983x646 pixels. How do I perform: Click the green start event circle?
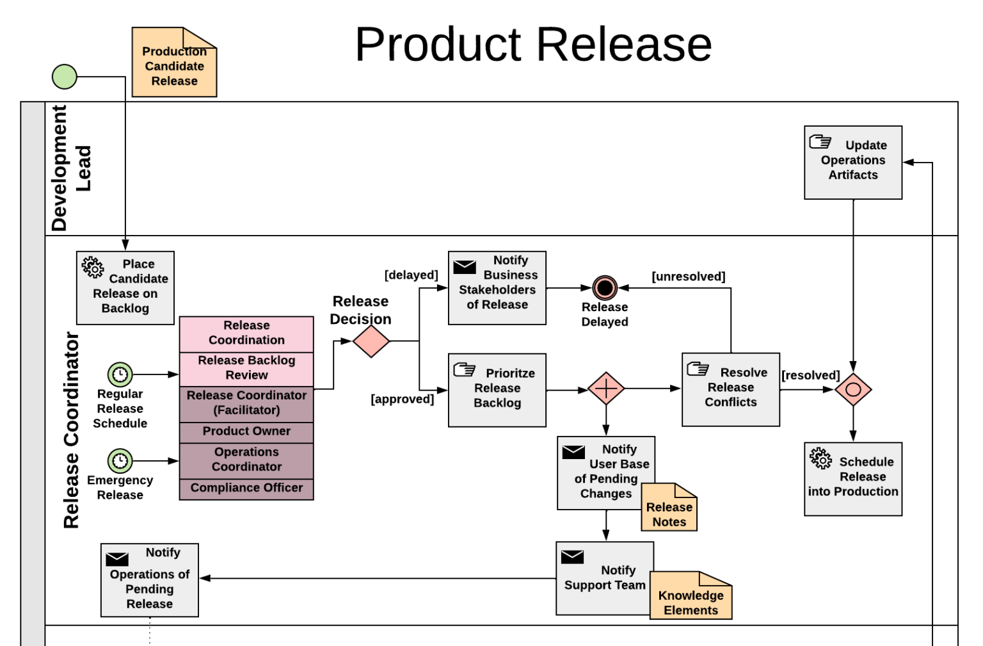coord(64,77)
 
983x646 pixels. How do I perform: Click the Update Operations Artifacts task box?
coord(852,163)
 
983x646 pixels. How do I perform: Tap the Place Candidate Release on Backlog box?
coord(125,287)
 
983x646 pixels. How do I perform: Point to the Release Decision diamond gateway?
coord(371,341)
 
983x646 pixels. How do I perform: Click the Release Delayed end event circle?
coord(604,288)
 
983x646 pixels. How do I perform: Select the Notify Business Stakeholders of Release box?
coord(497,287)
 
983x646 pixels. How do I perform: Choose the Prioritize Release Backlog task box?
coord(497,390)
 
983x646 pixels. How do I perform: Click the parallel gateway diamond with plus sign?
coord(605,389)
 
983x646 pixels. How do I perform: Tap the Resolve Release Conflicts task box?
coord(730,389)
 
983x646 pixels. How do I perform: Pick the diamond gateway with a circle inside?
coord(852,389)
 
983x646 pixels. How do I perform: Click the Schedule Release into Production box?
coord(852,479)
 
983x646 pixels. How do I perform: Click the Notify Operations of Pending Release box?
coord(150,580)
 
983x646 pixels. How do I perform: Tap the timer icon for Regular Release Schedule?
coord(120,375)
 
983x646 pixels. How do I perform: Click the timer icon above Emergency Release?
coord(120,461)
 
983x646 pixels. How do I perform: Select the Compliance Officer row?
coord(246,489)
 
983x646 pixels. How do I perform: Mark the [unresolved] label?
coord(688,277)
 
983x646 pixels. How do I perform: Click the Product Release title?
coord(533,44)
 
